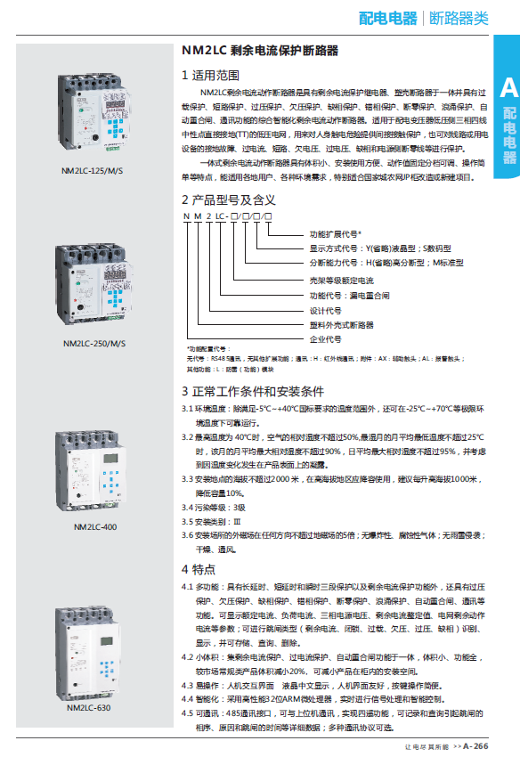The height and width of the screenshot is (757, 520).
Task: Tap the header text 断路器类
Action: pyautogui.click(x=459, y=18)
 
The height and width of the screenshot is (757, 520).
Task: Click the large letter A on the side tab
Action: pyautogui.click(x=508, y=87)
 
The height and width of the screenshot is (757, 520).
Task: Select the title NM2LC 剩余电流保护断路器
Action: pyautogui.click(x=260, y=52)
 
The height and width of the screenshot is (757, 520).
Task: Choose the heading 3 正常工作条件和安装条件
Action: pyautogui.click(x=253, y=391)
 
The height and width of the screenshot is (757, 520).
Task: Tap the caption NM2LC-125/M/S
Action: pyautogui.click(x=93, y=168)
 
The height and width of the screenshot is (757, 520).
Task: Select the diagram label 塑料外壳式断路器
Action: pyautogui.click(x=341, y=325)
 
